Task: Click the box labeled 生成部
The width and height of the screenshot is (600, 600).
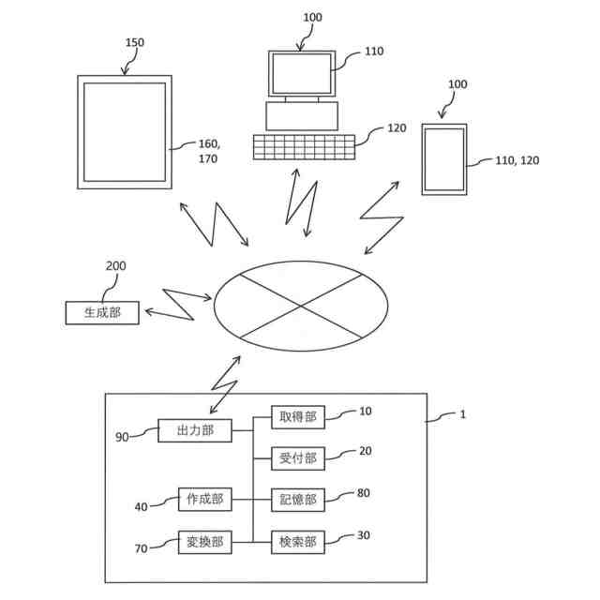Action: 102,313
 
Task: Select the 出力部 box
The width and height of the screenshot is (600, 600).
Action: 195,431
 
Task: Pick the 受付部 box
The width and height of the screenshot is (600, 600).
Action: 298,458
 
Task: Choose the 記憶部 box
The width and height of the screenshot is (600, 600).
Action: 298,500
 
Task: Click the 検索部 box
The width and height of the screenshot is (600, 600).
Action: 298,541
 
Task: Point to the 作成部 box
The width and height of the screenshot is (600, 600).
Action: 204,500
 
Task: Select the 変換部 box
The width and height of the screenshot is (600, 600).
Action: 204,541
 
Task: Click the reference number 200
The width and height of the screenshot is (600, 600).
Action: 115,267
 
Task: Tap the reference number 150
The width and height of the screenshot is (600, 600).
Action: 135,43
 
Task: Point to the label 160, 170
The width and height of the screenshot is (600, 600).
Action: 207,152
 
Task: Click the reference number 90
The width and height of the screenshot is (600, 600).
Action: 122,437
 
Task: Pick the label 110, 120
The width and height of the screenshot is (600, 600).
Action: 517,161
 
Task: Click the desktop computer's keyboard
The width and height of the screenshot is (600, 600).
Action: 304,147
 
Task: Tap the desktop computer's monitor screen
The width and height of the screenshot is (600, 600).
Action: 301,73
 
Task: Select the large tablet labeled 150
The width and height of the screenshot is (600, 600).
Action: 126,132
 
